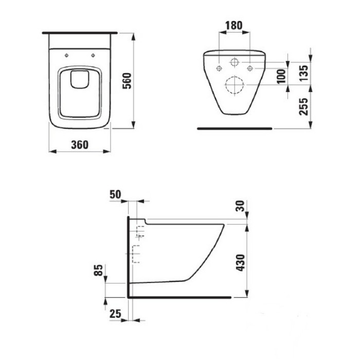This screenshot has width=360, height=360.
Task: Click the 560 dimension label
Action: tap(127, 81)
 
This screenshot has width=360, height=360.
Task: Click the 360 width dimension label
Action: tap(80, 145)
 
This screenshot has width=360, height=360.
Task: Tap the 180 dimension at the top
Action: tap(234, 26)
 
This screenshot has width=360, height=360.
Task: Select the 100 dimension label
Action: tap(281, 77)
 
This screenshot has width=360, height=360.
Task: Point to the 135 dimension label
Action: tap(303, 73)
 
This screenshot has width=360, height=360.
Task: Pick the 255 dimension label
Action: tap(303, 106)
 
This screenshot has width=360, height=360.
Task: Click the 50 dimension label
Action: tap(115, 194)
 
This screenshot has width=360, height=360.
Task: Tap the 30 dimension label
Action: tap(241, 206)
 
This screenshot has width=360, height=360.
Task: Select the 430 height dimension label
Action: tap(241, 263)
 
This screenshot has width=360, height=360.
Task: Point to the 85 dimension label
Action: tap(99, 270)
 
